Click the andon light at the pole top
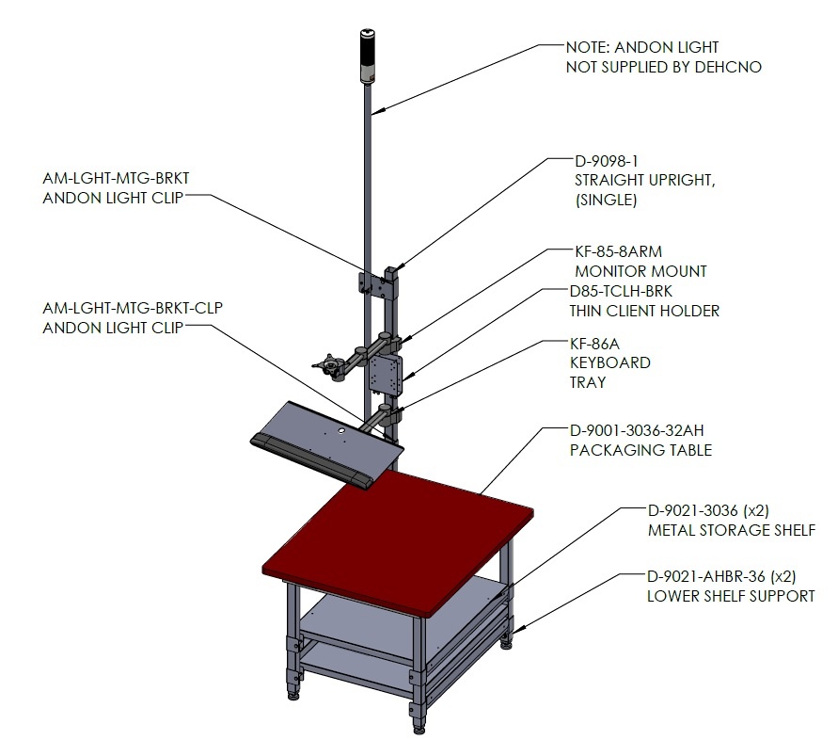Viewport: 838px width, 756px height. [x=368, y=56]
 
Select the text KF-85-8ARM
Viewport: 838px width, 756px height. [x=618, y=251]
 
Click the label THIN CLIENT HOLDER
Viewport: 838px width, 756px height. [x=644, y=311]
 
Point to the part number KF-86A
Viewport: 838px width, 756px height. [x=594, y=344]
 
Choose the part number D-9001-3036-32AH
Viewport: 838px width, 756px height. [x=637, y=430]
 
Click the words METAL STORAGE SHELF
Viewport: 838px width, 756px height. [x=732, y=530]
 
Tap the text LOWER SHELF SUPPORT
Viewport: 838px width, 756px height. [x=731, y=596]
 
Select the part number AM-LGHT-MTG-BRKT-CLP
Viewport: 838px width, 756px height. [x=133, y=308]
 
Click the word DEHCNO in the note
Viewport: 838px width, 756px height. [x=728, y=67]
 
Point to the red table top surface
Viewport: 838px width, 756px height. [x=398, y=539]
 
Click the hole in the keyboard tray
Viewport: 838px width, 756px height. [x=341, y=430]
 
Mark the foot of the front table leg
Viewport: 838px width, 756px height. [x=419, y=730]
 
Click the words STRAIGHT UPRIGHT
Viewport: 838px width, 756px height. [x=644, y=181]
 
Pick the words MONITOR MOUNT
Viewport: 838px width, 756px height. [x=640, y=271]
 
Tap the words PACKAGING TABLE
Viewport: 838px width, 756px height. [x=640, y=450]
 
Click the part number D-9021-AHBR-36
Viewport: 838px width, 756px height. [x=706, y=577]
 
